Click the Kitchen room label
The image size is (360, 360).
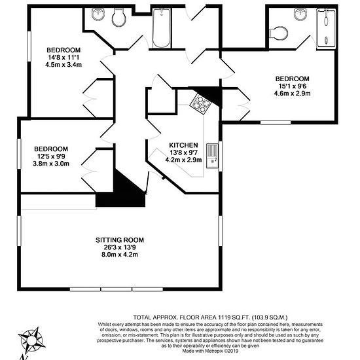[x=183, y=145]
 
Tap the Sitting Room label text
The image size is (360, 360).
[x=120, y=240]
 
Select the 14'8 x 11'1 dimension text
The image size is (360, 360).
[x=63, y=58]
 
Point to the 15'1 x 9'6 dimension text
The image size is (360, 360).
[x=293, y=86]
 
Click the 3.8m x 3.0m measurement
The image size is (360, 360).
[x=51, y=164]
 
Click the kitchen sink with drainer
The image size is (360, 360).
[x=212, y=156]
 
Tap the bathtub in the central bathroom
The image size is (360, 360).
[x=162, y=28]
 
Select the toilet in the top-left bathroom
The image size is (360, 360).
[x=118, y=17]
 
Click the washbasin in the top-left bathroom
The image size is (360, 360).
[x=98, y=14]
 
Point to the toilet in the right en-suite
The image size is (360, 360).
[x=278, y=33]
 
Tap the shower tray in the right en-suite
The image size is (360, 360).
[x=326, y=29]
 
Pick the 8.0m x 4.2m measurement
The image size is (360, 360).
[x=120, y=255]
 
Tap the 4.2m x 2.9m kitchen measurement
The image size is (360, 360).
[x=183, y=160]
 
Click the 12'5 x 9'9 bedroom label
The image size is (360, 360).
[x=51, y=156]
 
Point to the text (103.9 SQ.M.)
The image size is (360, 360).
[x=270, y=317]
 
